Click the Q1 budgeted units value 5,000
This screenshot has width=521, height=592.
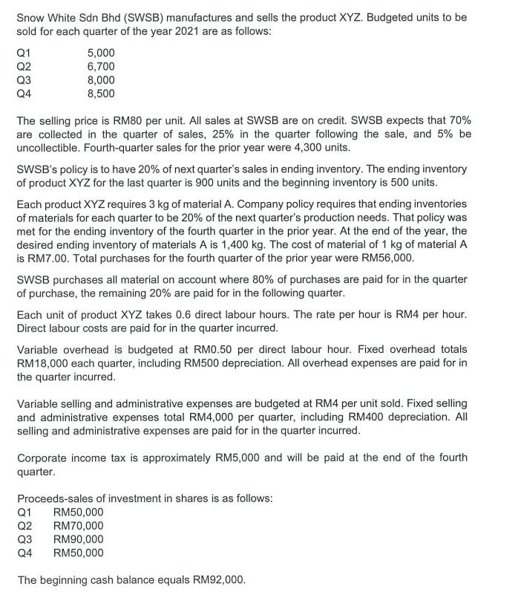[101, 54]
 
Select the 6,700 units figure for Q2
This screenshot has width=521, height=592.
[101, 68]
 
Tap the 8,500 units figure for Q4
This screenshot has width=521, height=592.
[101, 94]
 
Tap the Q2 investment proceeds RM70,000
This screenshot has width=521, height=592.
[79, 525]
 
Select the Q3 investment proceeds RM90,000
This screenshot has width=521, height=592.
[79, 539]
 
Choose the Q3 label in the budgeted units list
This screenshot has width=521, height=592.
[24, 81]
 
